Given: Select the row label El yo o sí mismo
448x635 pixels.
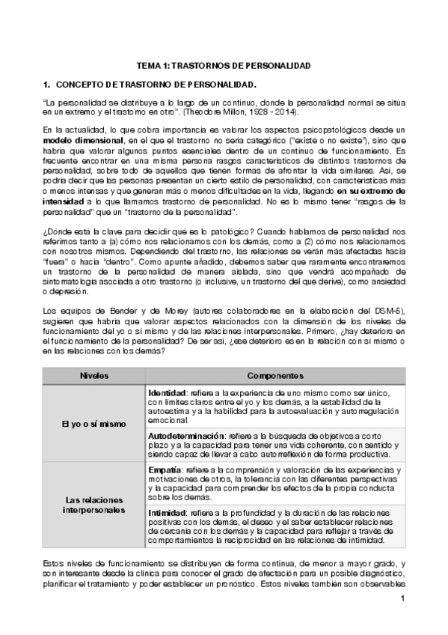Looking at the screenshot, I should [x=94, y=424].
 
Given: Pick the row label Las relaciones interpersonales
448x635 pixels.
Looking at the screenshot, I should [x=94, y=504].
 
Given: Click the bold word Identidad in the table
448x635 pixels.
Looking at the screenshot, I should [x=167, y=392].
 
